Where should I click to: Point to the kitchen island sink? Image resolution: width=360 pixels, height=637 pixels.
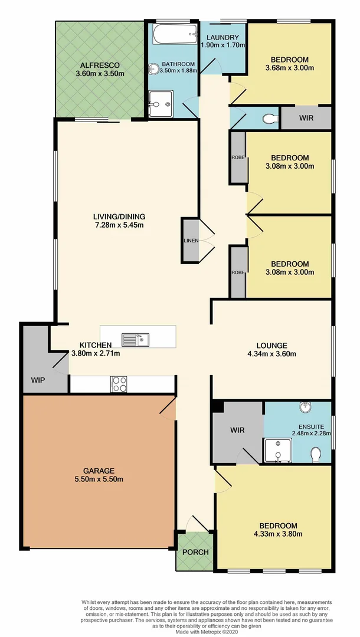click(136, 340)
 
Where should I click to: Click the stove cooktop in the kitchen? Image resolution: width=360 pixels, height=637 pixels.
click(119, 384)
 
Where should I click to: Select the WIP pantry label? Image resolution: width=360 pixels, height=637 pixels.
click(38, 381)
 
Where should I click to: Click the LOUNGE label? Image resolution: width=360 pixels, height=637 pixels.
click(271, 345)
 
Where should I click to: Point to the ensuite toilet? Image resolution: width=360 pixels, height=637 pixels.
click(316, 454)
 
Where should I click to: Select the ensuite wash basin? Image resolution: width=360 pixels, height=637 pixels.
click(305, 408)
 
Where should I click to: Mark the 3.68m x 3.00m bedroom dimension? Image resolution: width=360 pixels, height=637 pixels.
click(290, 68)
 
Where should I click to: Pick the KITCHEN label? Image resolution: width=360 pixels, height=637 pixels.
click(96, 345)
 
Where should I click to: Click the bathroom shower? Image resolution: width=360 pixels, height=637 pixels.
click(160, 104)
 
